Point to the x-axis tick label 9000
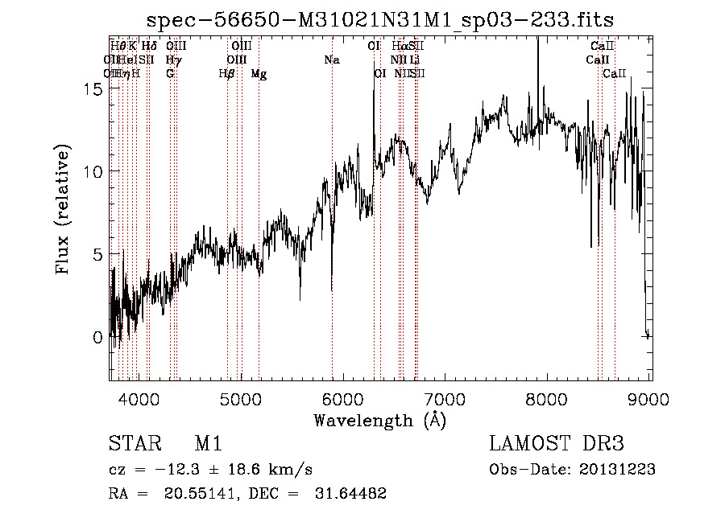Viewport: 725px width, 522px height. tap(650, 399)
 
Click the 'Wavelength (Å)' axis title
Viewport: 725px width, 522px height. tap(380, 420)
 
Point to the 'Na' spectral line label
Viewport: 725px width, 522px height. tap(332, 60)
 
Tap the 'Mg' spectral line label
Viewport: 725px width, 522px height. tap(259, 74)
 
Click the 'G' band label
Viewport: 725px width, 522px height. tap(170, 74)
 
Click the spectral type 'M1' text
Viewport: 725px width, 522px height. tap(208, 445)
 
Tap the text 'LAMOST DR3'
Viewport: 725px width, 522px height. tap(556, 445)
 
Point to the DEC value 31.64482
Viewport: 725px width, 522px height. tap(349, 494)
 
